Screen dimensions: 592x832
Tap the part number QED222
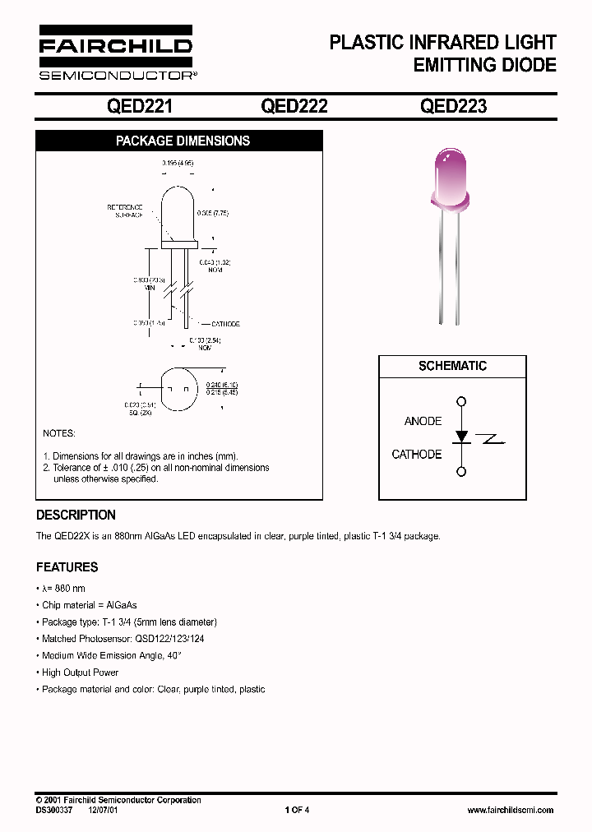(x=294, y=106)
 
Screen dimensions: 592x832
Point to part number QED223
(x=453, y=106)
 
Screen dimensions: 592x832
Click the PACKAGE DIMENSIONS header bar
(x=183, y=141)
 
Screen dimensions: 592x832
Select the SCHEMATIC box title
(x=452, y=366)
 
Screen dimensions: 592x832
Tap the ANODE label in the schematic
(x=423, y=421)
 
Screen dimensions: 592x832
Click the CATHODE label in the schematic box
(x=417, y=454)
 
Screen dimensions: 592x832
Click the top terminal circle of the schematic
(x=461, y=402)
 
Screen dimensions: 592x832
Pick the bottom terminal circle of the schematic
(x=461, y=471)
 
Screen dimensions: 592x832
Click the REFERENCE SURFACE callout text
(x=125, y=210)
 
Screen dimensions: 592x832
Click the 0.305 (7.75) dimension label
(x=211, y=213)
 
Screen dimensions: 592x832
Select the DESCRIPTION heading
(x=76, y=515)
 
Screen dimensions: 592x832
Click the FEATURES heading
(x=67, y=567)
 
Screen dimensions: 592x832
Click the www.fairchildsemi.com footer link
(x=510, y=810)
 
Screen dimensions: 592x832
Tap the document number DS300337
(x=54, y=810)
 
